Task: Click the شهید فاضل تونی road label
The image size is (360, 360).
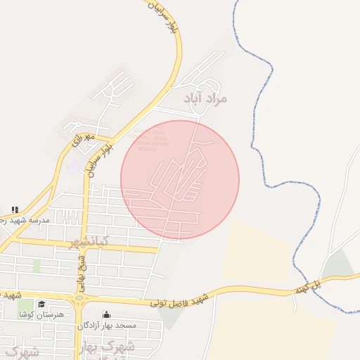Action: pos(179,300)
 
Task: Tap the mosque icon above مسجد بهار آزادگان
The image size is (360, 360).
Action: pos(106,314)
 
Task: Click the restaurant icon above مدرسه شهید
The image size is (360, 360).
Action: pos(14,210)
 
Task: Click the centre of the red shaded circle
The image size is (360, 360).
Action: pos(180,179)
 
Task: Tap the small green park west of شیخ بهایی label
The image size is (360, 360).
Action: pos(37,266)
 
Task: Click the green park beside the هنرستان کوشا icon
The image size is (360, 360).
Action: pos(26,307)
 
